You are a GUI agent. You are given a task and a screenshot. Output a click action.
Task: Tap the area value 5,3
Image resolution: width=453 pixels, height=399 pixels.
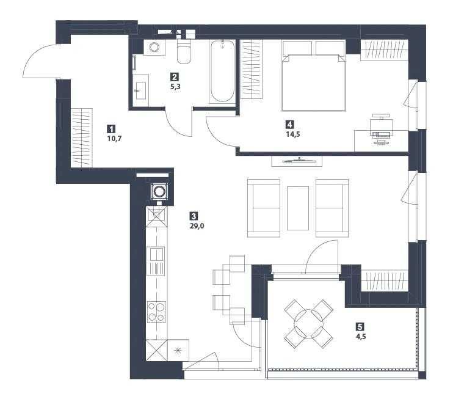coord(175,86)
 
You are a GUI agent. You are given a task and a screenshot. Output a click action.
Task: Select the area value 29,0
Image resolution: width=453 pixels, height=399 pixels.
coord(197,226)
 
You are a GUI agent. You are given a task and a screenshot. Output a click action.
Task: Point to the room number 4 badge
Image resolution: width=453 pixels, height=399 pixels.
coord(290,125)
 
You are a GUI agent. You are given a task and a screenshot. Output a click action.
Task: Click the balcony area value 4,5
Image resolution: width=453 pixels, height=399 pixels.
coord(361,337)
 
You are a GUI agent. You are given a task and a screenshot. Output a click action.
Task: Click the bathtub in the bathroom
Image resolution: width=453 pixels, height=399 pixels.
coord(222,71)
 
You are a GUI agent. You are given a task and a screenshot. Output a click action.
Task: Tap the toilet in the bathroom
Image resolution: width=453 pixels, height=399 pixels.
coord(184,51)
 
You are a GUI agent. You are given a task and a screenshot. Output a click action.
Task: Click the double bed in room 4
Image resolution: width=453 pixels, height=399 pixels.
coord(313,76)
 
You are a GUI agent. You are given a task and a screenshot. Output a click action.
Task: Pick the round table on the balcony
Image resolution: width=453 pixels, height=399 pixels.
coord(308,324)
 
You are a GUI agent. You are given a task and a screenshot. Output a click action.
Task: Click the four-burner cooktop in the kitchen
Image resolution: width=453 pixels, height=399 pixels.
coord(156,312)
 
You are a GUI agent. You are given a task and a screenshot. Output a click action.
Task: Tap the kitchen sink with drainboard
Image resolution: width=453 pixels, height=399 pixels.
coord(156,261)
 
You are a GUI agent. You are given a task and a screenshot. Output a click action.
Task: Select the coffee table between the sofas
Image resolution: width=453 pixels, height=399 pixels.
coord(298,208)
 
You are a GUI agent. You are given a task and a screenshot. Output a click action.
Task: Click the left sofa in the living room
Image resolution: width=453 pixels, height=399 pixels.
coord(264,208)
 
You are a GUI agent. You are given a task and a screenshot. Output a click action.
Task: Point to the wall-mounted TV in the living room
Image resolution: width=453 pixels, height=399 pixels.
coord(297,161)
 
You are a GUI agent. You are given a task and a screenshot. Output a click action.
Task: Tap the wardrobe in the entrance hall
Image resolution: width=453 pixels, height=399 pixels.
coord(82,137)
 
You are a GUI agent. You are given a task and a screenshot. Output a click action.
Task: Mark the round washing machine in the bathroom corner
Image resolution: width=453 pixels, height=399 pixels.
coord(154,47)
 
